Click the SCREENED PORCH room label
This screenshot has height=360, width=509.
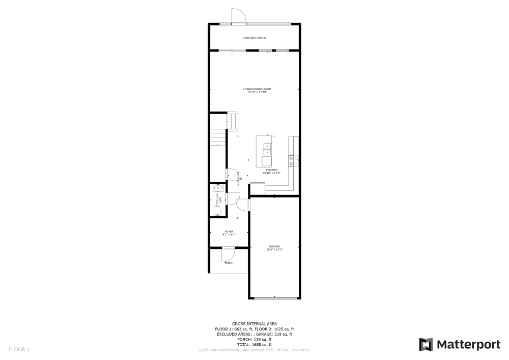pyautogui.click(x=254, y=38)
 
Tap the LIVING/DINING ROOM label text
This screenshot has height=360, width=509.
pyautogui.click(x=257, y=89)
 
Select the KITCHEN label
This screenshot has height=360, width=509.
pyautogui.click(x=271, y=170)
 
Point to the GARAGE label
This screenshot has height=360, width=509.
pyautogui.click(x=274, y=246)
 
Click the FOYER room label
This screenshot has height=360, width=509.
pyautogui.click(x=229, y=232)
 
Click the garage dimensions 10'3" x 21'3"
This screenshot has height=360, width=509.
pyautogui.click(x=274, y=250)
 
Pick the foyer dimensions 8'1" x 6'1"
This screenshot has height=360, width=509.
pyautogui.click(x=229, y=235)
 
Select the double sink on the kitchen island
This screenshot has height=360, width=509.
pyautogui.click(x=267, y=149)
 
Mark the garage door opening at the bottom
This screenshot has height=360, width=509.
pyautogui.click(x=274, y=298)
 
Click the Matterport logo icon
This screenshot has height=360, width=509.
pyautogui.click(x=426, y=345)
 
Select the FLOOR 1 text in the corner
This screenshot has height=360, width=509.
pyautogui.click(x=19, y=350)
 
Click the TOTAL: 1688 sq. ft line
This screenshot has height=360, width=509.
pyautogui.click(x=254, y=345)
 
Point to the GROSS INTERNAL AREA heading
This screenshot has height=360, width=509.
pyautogui.click(x=254, y=324)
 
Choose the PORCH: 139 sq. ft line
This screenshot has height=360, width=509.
pyautogui.click(x=254, y=340)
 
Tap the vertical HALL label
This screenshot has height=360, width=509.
pyautogui.click(x=238, y=178)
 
